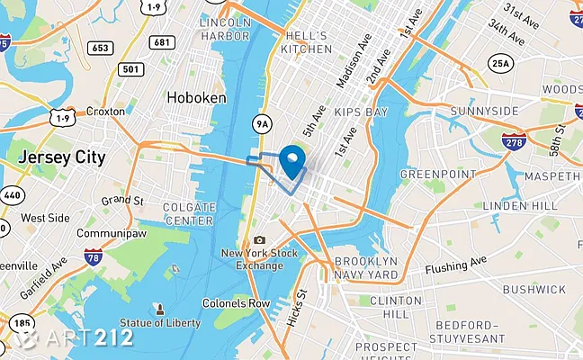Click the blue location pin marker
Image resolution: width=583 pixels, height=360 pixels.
(x=292, y=161)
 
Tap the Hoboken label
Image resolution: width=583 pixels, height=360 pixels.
(x=194, y=96)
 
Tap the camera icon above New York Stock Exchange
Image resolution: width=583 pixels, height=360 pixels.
(x=259, y=240)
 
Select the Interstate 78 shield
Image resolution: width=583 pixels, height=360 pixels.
(x=93, y=259)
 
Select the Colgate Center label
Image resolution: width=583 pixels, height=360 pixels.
(x=188, y=213)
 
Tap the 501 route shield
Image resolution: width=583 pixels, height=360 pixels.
(x=130, y=68)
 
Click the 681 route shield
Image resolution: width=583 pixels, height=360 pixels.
(x=163, y=42)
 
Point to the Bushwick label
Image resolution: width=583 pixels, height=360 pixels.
(x=534, y=289)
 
